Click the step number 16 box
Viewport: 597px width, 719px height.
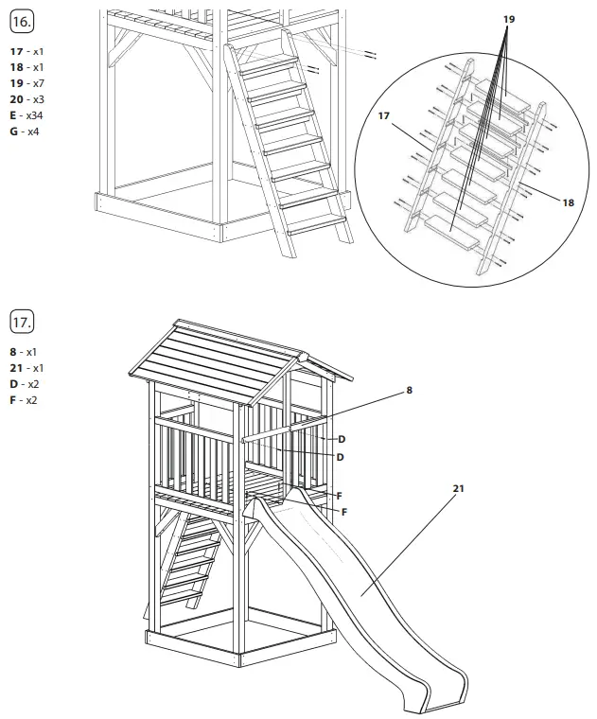click(22, 19)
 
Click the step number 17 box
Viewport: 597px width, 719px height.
click(22, 321)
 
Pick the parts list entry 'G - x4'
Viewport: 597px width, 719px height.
click(27, 132)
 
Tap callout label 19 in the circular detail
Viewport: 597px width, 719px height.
click(509, 18)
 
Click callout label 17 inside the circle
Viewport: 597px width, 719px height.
click(383, 116)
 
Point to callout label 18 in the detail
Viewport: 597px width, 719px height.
click(568, 202)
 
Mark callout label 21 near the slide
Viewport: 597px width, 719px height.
click(459, 488)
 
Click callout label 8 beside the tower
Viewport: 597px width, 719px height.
click(409, 389)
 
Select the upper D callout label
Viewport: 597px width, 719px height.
click(342, 440)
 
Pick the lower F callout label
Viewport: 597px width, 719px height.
click(344, 512)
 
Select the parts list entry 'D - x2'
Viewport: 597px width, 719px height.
click(27, 384)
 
